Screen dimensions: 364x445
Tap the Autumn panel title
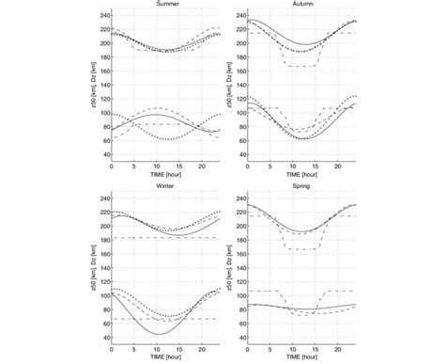[289, 4]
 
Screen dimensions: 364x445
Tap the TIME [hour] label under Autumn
[289, 175]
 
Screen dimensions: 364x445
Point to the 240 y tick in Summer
[103, 15]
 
